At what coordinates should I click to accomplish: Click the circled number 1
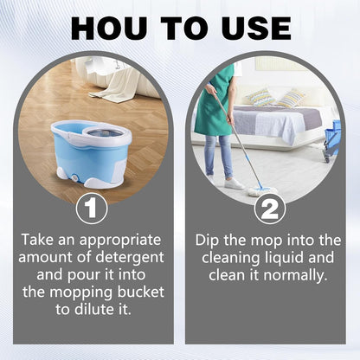[x=91, y=209]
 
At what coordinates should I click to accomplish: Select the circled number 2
[x=269, y=209]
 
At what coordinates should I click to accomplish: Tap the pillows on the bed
[x=277, y=97]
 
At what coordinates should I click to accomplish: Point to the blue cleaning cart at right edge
[x=331, y=138]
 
